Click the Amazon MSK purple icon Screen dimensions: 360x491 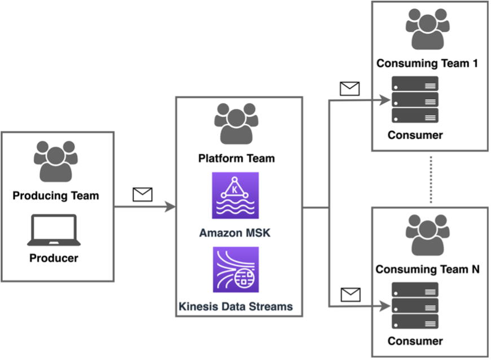(x=235, y=195)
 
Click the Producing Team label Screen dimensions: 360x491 (x=55, y=196)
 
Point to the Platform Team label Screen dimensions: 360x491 (x=236, y=158)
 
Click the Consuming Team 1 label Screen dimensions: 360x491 (x=427, y=63)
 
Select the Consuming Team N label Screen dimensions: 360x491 (x=427, y=269)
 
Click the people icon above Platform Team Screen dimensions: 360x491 (x=236, y=123)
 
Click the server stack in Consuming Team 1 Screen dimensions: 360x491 (x=415, y=100)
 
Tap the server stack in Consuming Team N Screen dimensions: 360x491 (x=415, y=306)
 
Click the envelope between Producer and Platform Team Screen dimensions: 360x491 (x=142, y=195)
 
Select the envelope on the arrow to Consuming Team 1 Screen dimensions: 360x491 (x=350, y=89)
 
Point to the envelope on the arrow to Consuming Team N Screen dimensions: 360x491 (x=350, y=294)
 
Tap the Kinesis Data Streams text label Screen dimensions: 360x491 (x=235, y=306)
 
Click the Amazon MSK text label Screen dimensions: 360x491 (x=235, y=232)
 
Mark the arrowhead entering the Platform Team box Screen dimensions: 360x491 (x=170, y=207)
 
